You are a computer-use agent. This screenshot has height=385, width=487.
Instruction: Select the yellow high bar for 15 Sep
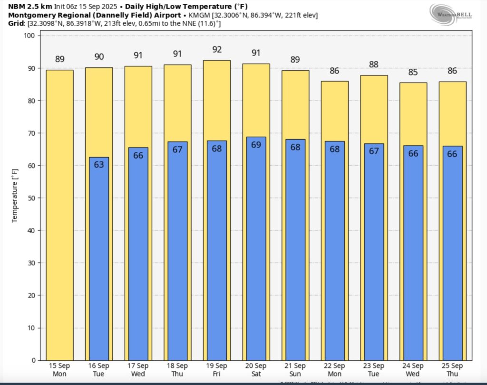click(x=59, y=214)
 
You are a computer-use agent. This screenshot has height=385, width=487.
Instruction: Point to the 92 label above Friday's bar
click(x=217, y=49)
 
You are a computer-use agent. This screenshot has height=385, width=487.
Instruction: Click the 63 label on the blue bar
click(x=99, y=165)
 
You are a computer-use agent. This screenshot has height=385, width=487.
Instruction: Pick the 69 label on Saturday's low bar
click(x=256, y=145)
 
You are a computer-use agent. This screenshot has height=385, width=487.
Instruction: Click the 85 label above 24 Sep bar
click(x=413, y=73)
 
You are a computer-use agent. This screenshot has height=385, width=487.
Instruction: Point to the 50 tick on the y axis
click(x=31, y=198)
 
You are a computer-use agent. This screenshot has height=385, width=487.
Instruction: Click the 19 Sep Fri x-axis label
click(x=217, y=369)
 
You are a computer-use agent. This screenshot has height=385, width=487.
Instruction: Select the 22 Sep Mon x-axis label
click(x=335, y=369)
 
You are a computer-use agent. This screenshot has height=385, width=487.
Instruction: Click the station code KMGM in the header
click(x=199, y=15)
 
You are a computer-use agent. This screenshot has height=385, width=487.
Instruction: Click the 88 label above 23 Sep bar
click(x=374, y=65)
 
